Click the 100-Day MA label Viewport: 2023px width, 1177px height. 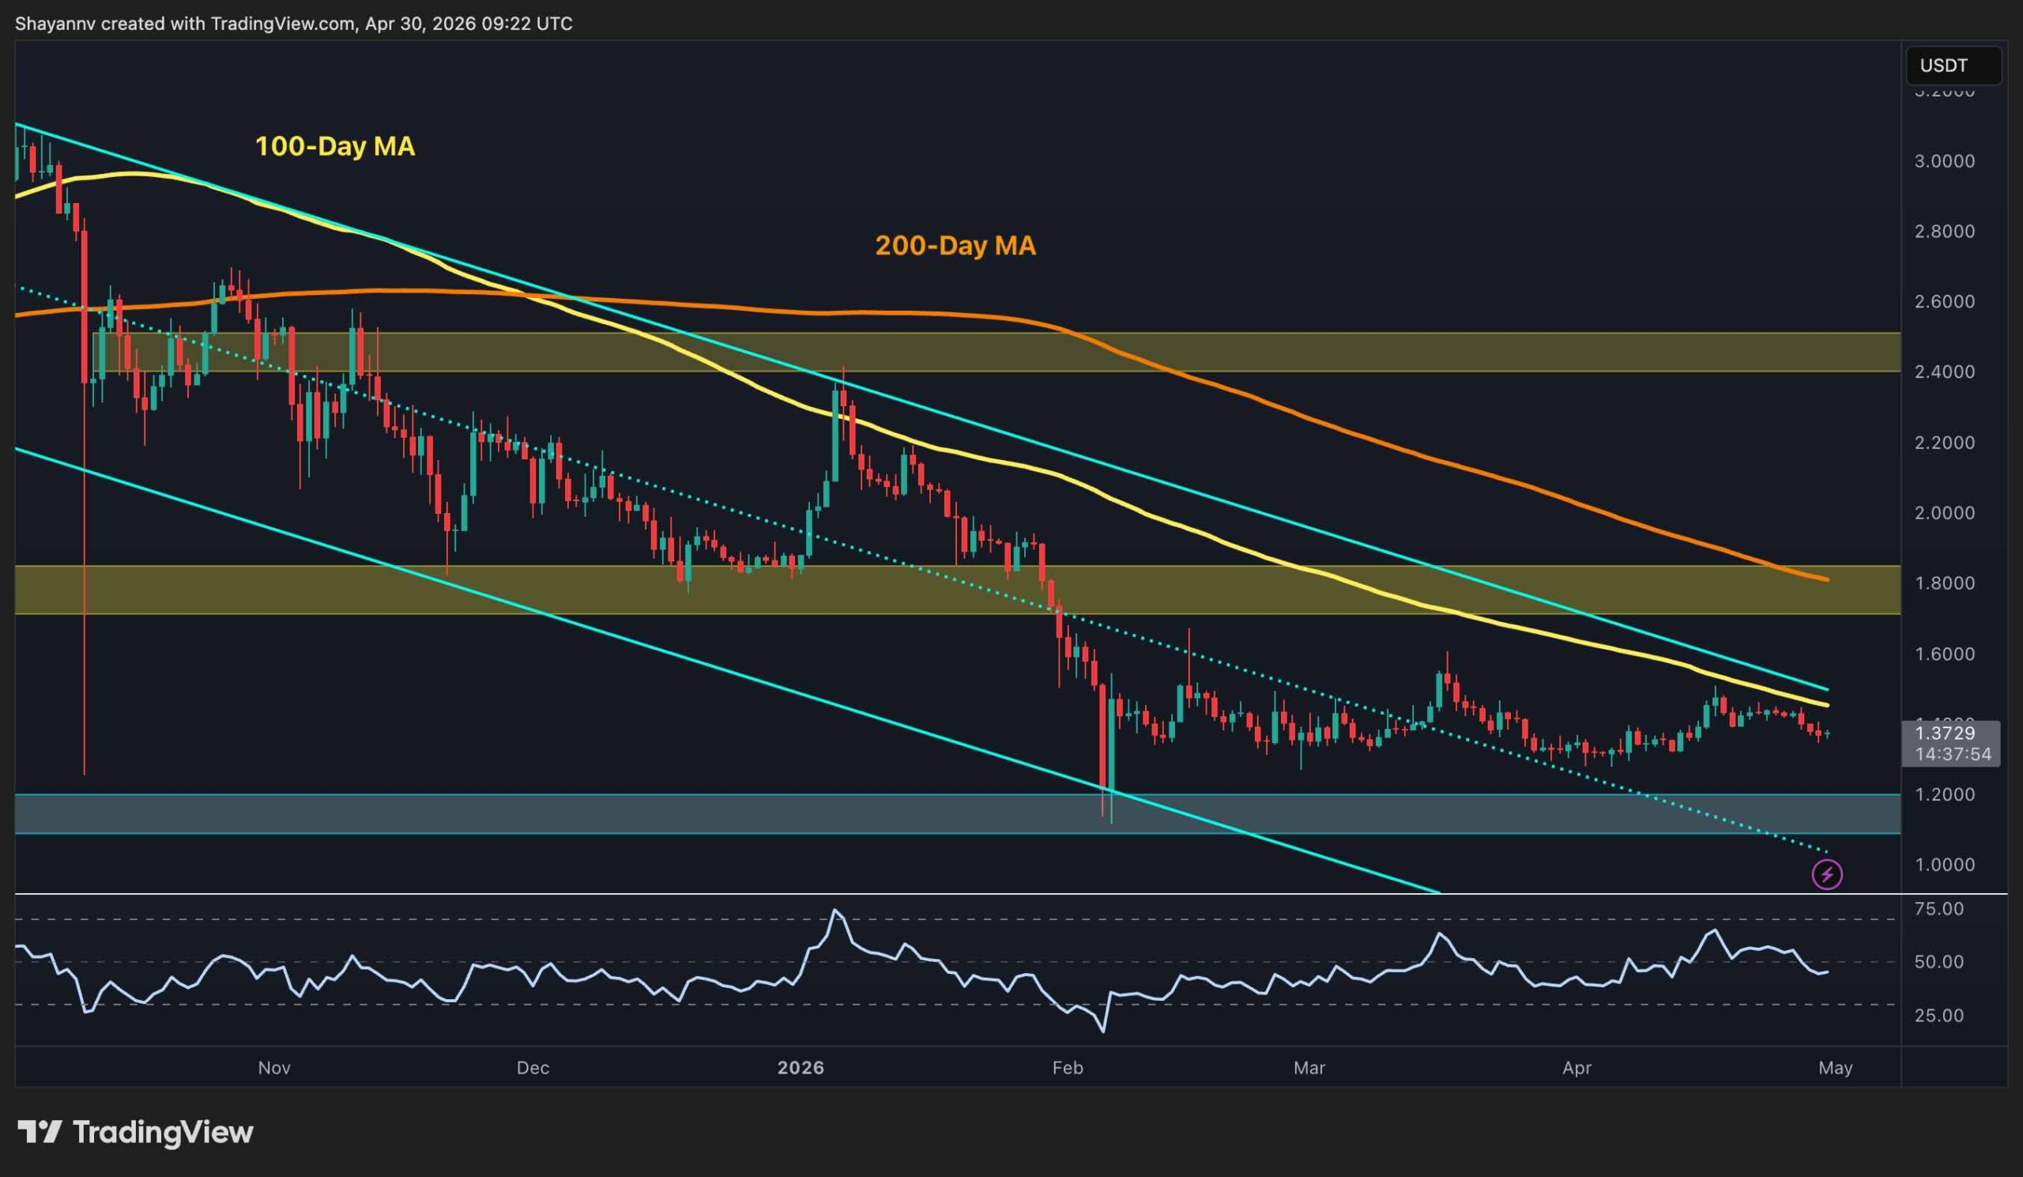(335, 146)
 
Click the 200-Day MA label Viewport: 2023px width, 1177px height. (955, 245)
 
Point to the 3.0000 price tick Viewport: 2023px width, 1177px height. (1944, 160)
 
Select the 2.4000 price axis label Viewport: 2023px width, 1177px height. (1944, 372)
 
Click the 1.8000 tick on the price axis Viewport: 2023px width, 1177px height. (1944, 583)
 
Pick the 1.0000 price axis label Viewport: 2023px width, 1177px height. (1944, 865)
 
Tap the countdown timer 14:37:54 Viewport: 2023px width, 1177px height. (1953, 754)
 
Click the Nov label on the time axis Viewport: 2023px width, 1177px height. (273, 1068)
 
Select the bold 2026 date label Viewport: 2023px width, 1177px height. (801, 1068)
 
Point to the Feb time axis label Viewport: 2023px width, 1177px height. (1067, 1068)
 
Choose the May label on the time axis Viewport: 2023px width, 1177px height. (1835, 1068)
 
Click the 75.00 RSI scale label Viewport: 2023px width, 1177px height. (1938, 909)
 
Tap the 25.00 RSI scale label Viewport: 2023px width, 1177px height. (1938, 1016)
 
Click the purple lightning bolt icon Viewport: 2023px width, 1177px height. (1827, 874)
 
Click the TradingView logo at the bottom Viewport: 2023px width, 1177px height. (135, 1132)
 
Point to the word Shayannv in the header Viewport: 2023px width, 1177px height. (55, 23)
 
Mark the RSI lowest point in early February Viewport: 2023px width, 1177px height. (1103, 1032)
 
